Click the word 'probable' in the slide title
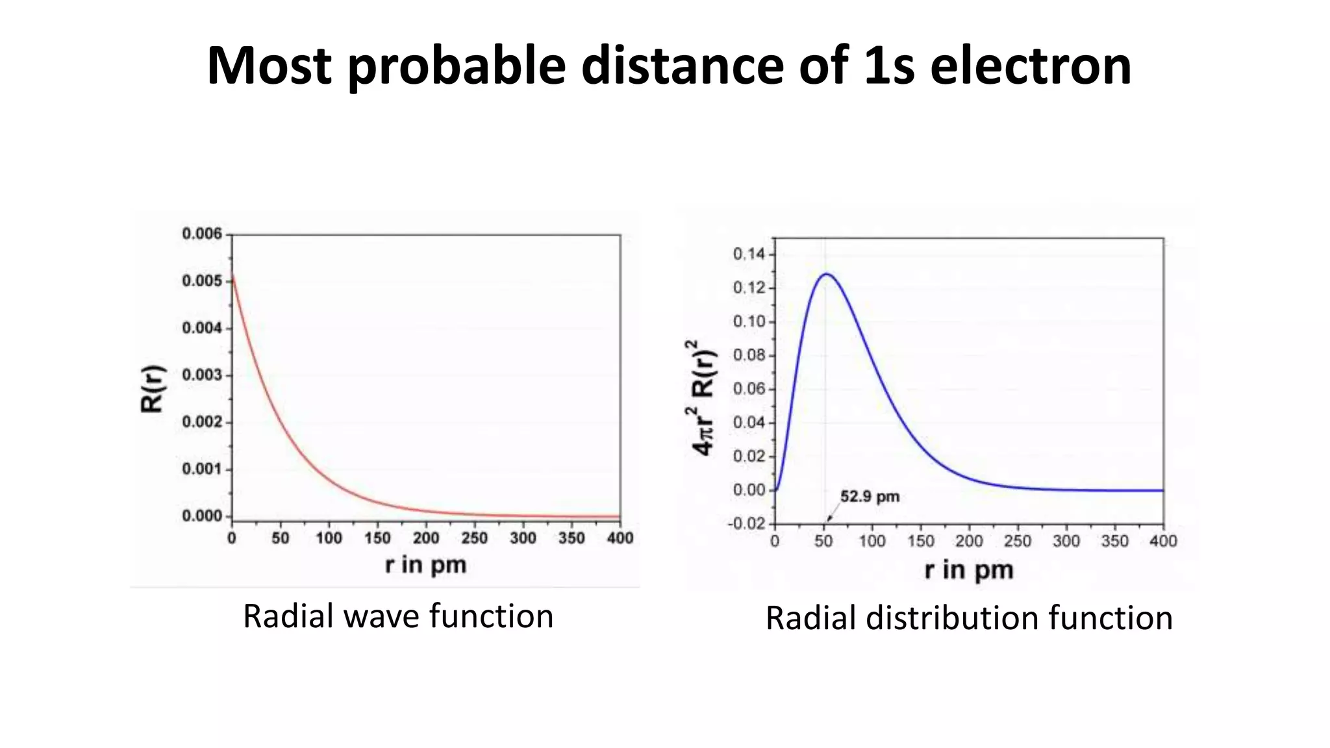tap(457, 66)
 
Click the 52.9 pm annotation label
tap(870, 497)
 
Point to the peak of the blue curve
tap(826, 274)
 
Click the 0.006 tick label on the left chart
tap(202, 234)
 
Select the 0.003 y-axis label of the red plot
tap(202, 375)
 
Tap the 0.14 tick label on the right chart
tap(750, 254)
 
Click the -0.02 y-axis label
tap(748, 523)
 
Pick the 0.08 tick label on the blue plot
tap(750, 355)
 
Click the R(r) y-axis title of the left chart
tap(153, 388)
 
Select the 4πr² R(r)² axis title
tap(703, 397)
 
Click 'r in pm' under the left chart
tap(425, 564)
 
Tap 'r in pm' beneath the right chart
tap(968, 570)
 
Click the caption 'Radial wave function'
tap(397, 616)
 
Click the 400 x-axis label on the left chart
tap(620, 538)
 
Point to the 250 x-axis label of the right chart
tap(1017, 541)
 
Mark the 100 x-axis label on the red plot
tap(329, 538)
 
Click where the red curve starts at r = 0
tap(232, 277)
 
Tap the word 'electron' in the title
tap(1031, 66)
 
